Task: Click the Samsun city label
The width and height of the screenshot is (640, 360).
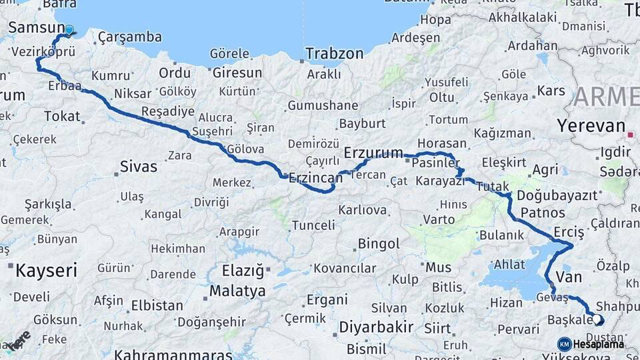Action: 35,29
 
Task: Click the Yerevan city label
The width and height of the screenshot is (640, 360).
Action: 591,125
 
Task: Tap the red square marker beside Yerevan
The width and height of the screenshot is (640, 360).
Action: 630,135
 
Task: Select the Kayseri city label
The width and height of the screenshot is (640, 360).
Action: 46,271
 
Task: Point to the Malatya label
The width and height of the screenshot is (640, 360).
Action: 237,291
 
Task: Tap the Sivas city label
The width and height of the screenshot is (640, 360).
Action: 138,167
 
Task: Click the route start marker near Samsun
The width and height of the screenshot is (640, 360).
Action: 69,29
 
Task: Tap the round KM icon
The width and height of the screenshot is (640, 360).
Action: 564,344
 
